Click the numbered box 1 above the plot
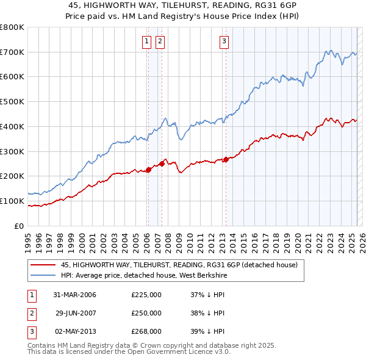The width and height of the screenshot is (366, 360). [x=148, y=41]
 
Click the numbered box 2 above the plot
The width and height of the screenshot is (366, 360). [x=160, y=41]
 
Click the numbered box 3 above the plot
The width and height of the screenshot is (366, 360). [x=224, y=41]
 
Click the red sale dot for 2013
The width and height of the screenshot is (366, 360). [x=226, y=159]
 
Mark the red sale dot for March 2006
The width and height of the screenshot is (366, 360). [x=148, y=170]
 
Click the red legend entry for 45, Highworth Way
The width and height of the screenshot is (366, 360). [x=179, y=265]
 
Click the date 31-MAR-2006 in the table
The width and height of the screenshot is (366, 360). [x=74, y=295]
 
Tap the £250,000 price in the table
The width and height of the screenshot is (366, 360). [x=146, y=313]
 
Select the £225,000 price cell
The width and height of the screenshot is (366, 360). [x=146, y=295]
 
